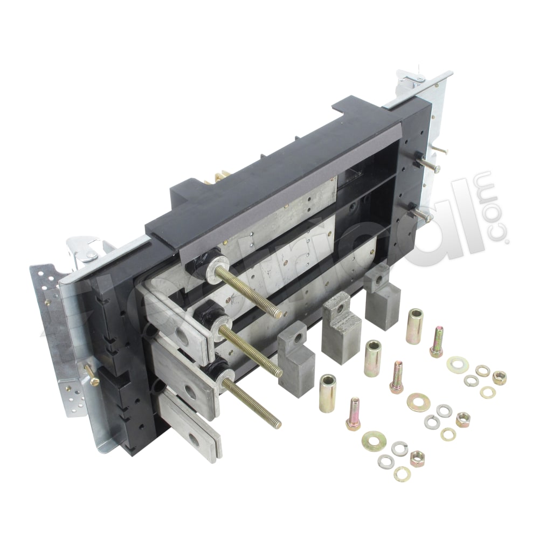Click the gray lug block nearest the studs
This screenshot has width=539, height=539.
coord(296,358)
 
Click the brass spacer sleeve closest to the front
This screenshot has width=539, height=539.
coord(327,393)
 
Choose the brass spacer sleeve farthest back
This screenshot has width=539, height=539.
coord(414,326)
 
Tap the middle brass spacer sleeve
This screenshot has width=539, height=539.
coord(372,358)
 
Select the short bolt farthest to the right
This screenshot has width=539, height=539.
coord(437,342)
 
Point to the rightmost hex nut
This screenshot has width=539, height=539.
coord(499,377)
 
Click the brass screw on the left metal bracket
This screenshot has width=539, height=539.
coord(92,375)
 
